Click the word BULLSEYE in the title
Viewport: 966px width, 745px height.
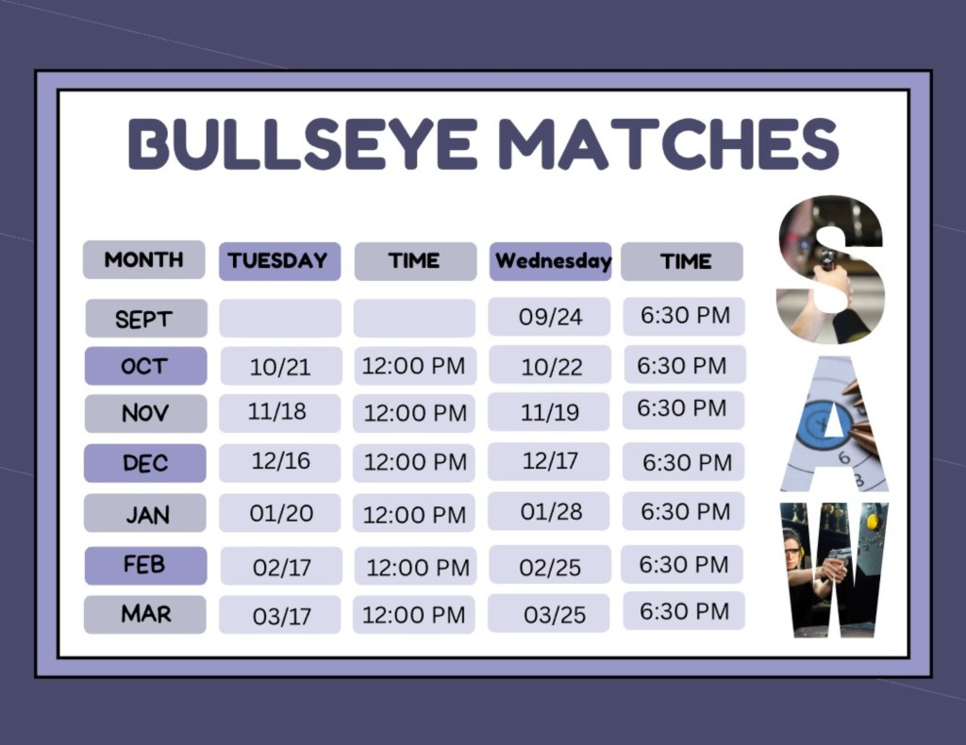pyautogui.click(x=304, y=144)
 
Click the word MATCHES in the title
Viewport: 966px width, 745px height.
pyautogui.click(x=668, y=144)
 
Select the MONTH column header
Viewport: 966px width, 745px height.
pyautogui.click(x=143, y=259)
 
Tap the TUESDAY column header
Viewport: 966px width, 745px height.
pyautogui.click(x=279, y=261)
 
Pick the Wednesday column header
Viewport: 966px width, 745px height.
pyautogui.click(x=551, y=261)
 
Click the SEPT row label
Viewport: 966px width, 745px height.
pyautogui.click(x=146, y=319)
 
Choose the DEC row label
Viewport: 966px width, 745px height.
pyautogui.click(x=145, y=463)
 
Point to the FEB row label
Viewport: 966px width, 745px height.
pyautogui.click(x=145, y=565)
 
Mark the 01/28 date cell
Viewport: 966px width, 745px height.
pyautogui.click(x=550, y=511)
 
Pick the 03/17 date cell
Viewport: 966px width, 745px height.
pyautogui.click(x=280, y=616)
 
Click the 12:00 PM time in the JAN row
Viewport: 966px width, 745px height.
pyautogui.click(x=415, y=515)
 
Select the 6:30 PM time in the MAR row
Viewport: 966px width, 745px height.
pyautogui.click(x=684, y=611)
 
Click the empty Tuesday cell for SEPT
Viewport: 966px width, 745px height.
pyautogui.click(x=280, y=319)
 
